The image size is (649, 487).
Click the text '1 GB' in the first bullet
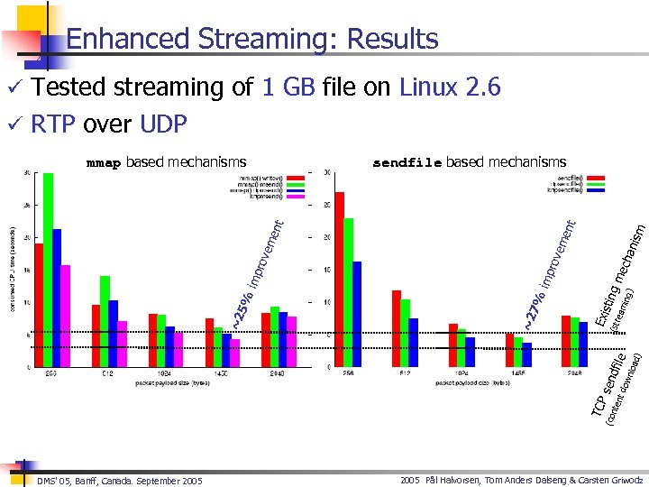point(287,87)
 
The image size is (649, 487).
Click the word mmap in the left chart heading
point(103,163)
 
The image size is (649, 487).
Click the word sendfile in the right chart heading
point(407,163)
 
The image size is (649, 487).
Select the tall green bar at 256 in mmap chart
point(48,271)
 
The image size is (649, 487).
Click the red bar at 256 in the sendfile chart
point(340,280)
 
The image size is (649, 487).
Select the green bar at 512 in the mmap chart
point(105,321)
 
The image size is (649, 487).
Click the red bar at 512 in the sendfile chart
point(397,328)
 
